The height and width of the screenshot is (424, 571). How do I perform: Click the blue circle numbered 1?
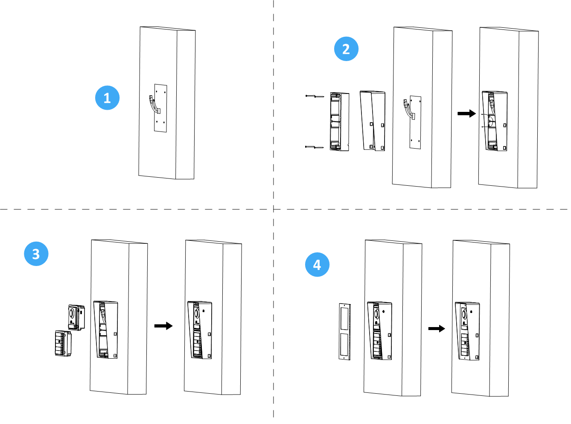107,98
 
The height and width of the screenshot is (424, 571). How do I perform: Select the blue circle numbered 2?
346,49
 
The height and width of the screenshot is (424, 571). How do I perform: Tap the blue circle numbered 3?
36,254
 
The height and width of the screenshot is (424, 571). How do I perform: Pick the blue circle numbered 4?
317,264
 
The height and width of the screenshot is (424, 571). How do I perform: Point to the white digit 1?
107,98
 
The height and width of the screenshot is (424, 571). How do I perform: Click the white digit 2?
346,49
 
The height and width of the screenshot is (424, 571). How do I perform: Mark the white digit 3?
36,254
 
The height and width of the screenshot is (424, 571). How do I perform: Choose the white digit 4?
317,264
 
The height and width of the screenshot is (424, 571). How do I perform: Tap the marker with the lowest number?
107,98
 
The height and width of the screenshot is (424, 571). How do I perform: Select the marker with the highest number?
317,264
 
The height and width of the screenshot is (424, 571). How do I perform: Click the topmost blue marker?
346,49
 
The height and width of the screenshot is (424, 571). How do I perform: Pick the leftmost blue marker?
36,254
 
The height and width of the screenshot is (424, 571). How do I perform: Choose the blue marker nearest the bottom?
317,264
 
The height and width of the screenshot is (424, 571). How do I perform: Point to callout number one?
107,98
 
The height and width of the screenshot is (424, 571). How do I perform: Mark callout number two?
346,49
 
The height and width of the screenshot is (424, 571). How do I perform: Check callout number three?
36,254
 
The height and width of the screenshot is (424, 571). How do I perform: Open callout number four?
317,264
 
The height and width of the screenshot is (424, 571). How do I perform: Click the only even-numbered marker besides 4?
346,49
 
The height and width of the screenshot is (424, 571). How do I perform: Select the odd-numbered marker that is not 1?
36,254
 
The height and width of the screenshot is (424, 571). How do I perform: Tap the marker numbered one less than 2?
107,98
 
